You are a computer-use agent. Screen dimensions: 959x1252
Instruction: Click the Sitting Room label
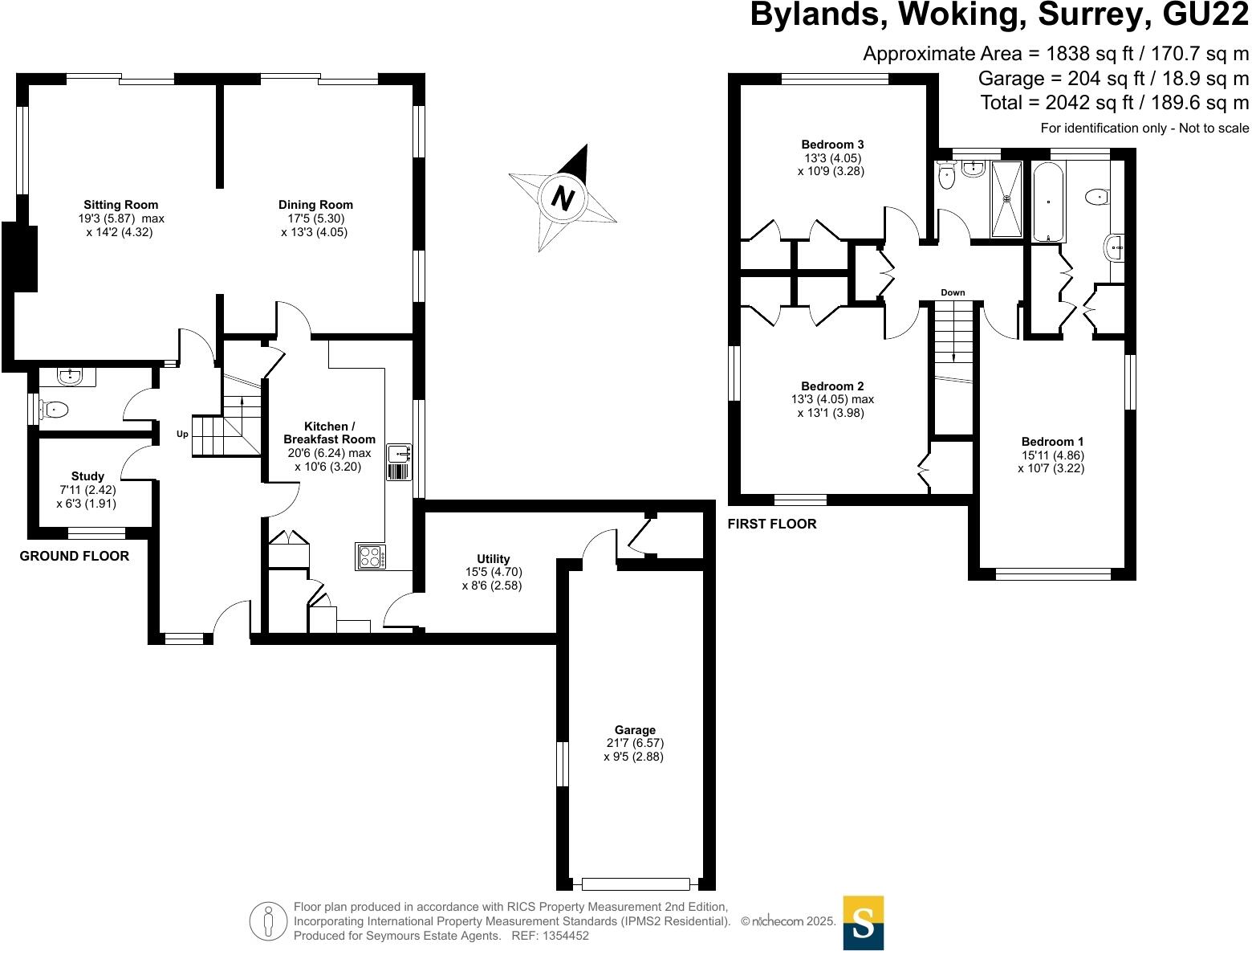pos(121,205)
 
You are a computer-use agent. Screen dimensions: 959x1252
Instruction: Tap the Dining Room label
pos(315,205)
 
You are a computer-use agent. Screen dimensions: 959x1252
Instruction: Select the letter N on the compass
pos(564,197)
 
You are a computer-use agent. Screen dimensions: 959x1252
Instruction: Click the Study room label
pos(87,476)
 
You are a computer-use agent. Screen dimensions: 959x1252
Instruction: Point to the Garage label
pos(635,730)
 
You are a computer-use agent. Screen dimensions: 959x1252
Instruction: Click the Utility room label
pos(493,559)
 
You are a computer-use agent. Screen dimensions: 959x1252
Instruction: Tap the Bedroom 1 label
pos(1052,442)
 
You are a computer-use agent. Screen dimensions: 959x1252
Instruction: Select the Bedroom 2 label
pos(832,386)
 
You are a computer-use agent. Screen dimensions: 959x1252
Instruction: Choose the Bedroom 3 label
pos(832,145)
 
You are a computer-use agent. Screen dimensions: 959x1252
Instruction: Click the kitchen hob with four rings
pos(371,557)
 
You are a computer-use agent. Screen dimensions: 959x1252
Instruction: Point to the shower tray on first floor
pos(1006,199)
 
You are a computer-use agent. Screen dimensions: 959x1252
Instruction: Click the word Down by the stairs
pos(953,292)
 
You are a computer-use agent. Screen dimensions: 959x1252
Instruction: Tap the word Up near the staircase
pos(182,435)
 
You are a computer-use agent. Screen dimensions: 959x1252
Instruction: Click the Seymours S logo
pos(863,923)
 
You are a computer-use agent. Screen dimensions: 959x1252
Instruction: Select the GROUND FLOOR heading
pos(74,556)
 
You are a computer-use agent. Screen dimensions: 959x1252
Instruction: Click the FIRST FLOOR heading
pos(771,524)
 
